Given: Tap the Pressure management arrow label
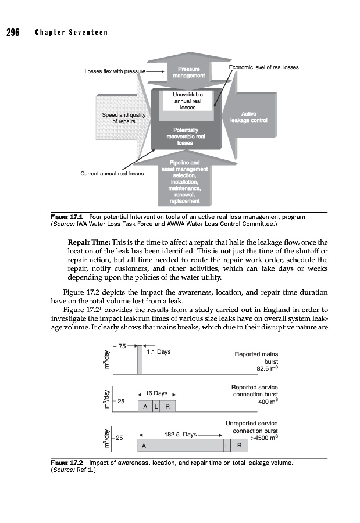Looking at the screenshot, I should [187, 72].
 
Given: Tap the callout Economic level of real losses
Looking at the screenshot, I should [263, 67].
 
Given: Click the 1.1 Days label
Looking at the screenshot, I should [159, 352].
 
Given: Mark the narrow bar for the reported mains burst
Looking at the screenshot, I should [140, 360].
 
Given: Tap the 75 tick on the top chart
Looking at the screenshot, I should [123, 346].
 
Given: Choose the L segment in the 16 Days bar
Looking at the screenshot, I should [156, 406].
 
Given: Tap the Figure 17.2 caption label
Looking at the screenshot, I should [66, 463].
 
